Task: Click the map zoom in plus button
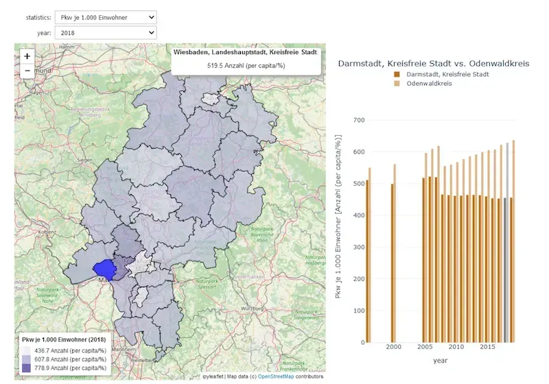(x=27, y=56)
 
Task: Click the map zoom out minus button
(x=27, y=70)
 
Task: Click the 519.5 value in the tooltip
(x=245, y=67)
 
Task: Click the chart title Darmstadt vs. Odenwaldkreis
(x=434, y=63)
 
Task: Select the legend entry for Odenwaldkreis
(x=429, y=83)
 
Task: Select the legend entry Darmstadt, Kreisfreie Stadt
(x=447, y=73)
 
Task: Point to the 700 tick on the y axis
(x=357, y=120)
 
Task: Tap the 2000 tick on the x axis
(x=393, y=348)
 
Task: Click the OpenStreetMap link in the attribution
(x=281, y=376)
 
